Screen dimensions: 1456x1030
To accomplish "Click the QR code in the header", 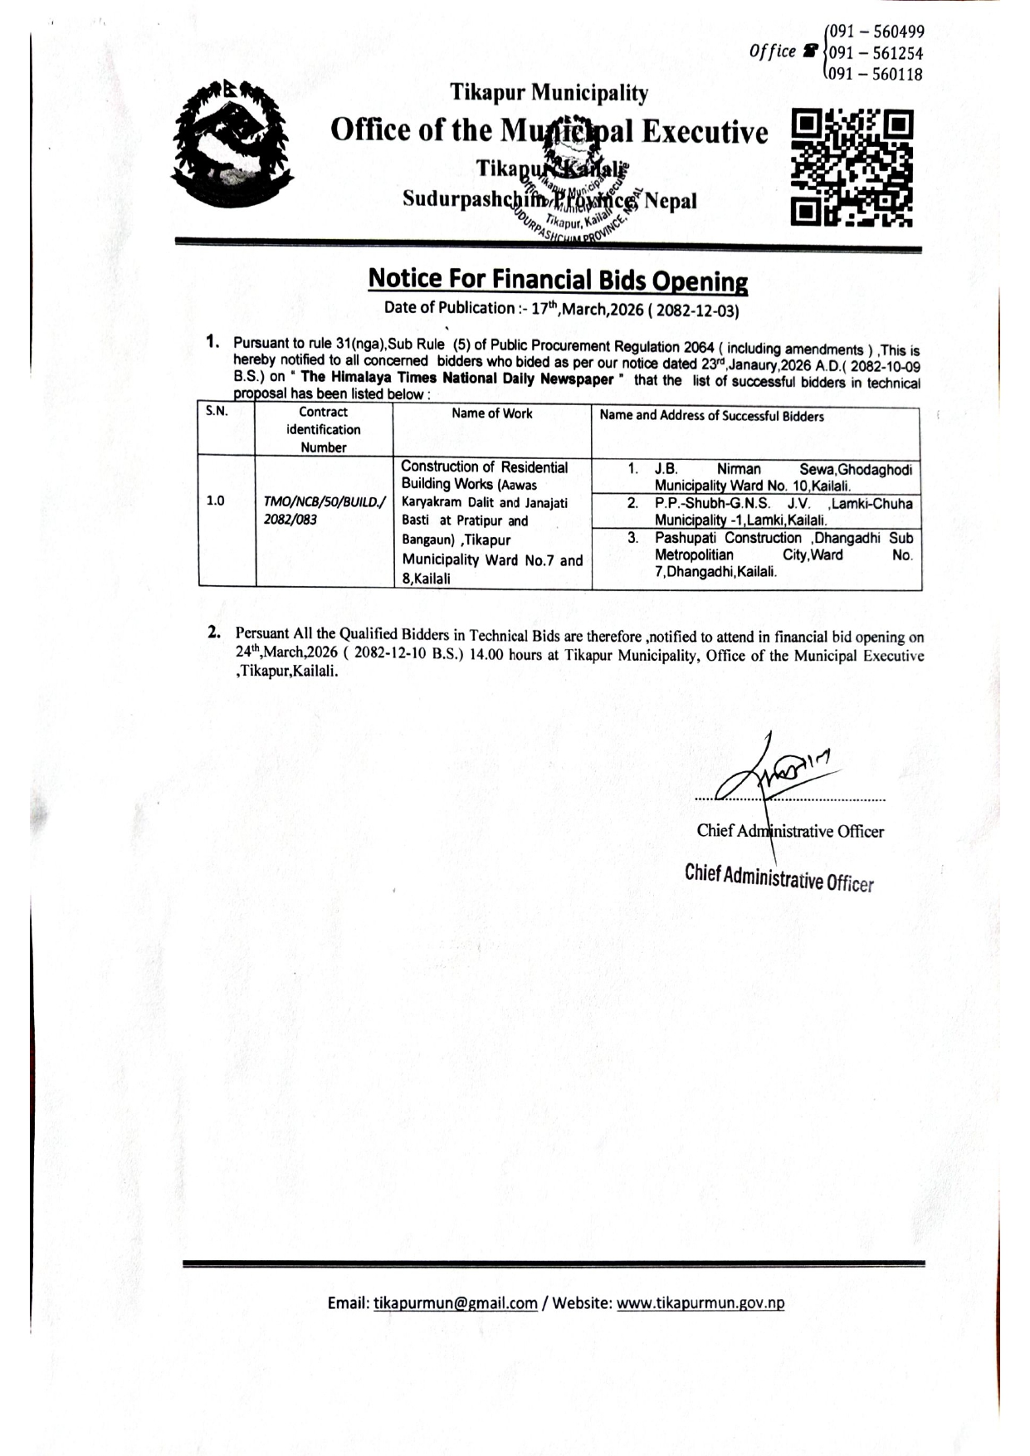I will (x=852, y=168).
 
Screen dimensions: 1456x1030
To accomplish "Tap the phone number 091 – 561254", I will (x=872, y=53).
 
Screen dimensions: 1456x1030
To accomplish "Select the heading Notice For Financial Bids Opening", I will (x=558, y=279).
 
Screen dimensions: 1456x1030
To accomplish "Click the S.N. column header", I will (x=217, y=412).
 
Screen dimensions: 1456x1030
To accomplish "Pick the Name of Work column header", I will (x=492, y=413).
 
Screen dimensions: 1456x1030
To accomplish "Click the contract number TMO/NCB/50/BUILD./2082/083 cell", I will (x=324, y=511).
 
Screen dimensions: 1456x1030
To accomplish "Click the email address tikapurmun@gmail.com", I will (x=456, y=1302).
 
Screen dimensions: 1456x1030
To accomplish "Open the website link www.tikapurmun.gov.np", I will (x=700, y=1302).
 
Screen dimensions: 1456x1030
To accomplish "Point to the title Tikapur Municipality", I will (x=549, y=93).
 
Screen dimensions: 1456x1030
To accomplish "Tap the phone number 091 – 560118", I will (x=872, y=75).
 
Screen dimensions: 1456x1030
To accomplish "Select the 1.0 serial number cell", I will (x=215, y=501).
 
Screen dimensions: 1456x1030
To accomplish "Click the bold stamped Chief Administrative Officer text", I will (x=779, y=877).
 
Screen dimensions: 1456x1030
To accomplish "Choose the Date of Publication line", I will (x=561, y=309).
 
